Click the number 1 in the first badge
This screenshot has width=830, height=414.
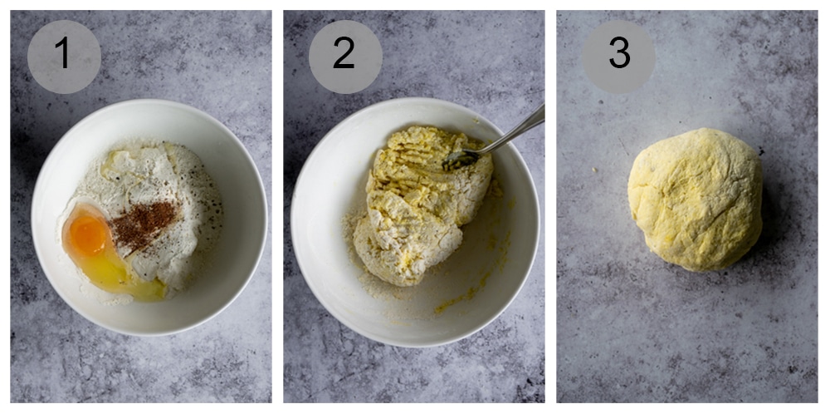point(63,55)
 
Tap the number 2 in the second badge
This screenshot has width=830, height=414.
point(344,55)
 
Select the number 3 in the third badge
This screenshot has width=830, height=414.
point(618,55)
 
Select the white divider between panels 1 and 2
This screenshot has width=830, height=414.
point(277,207)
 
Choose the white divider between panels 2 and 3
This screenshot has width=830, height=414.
point(550,207)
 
